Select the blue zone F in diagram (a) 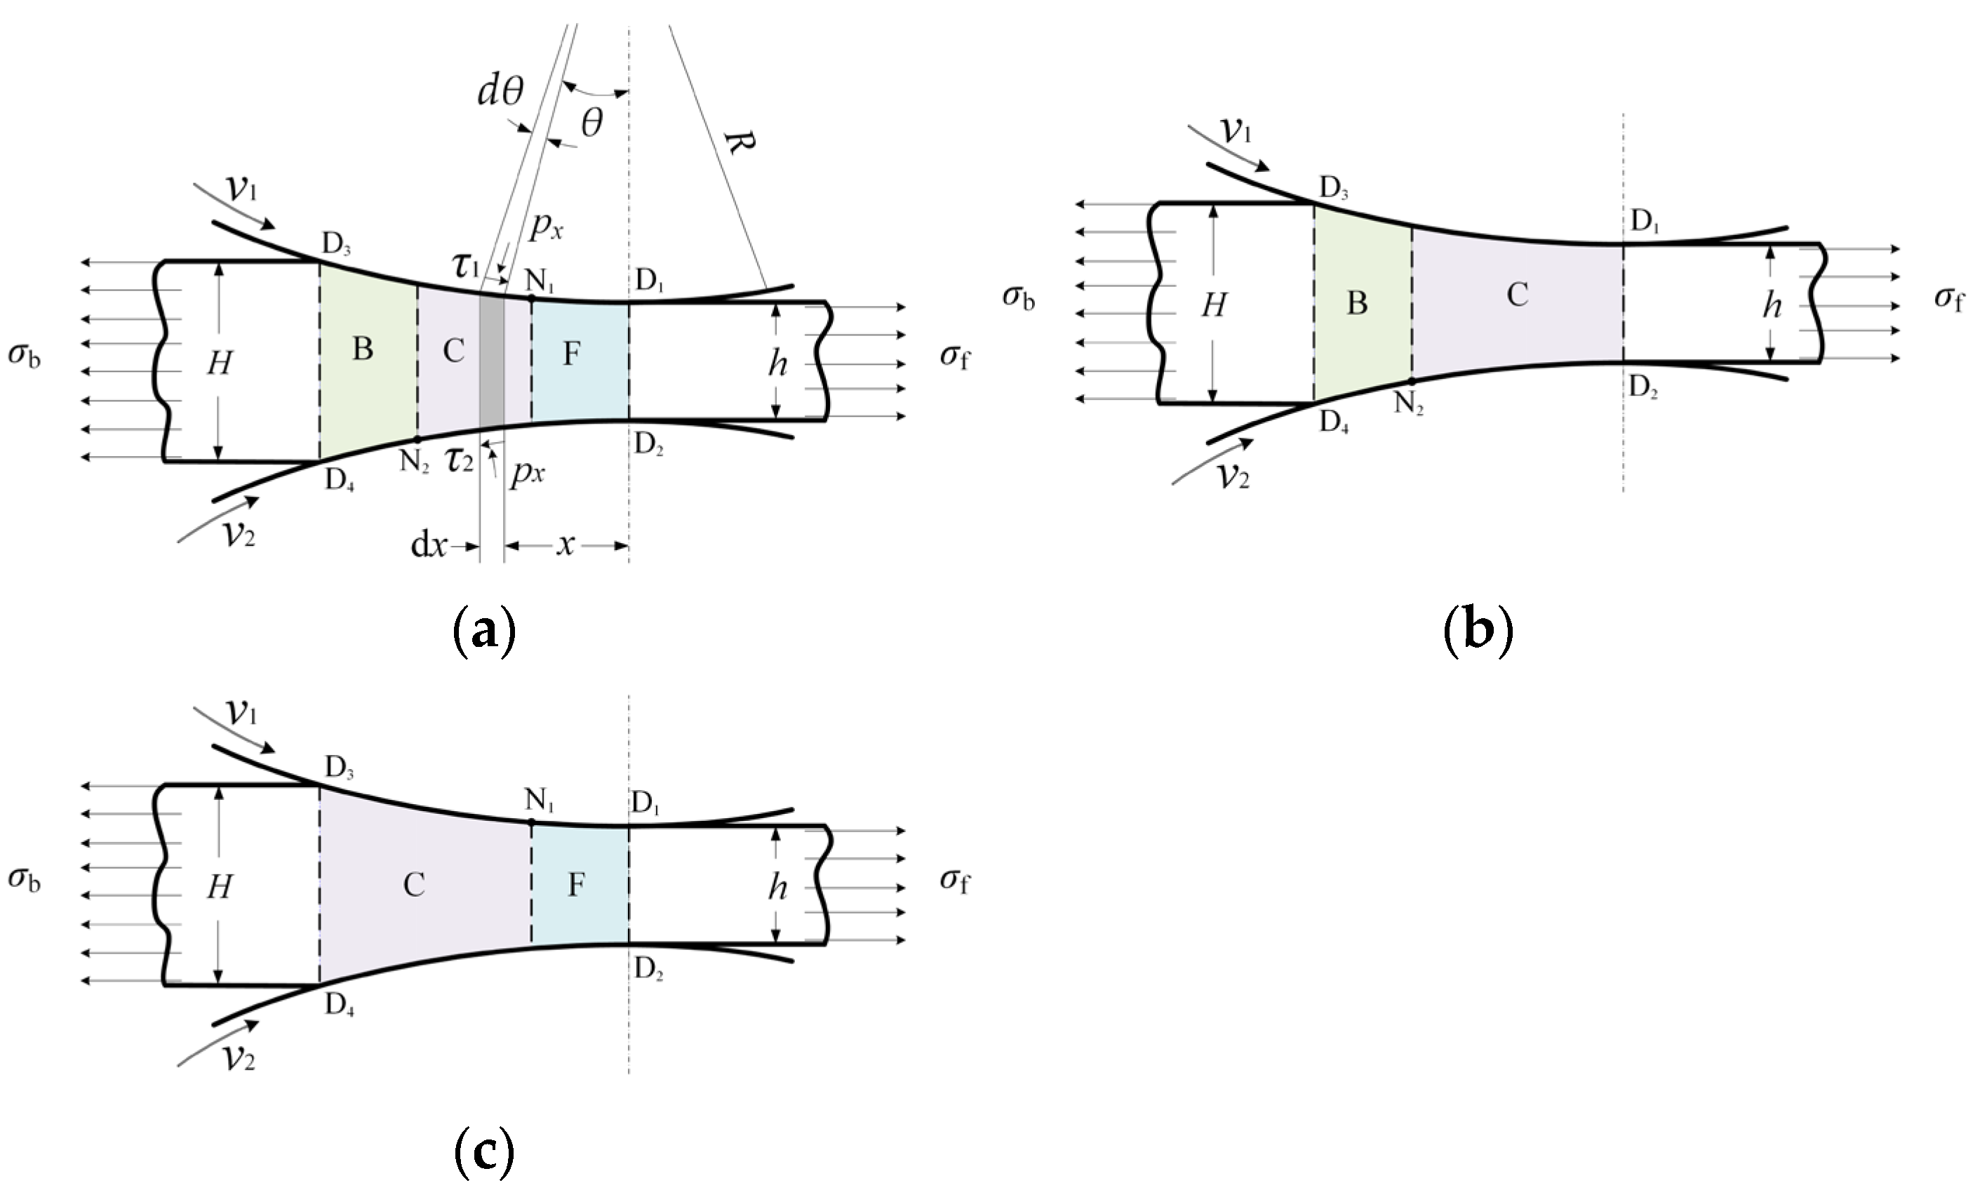click(x=579, y=357)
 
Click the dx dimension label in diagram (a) click(x=429, y=545)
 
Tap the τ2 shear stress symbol click(x=460, y=460)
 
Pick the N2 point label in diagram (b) click(x=1408, y=403)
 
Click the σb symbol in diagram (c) click(x=24, y=880)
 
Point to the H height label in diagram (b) click(x=1214, y=305)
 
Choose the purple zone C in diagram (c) click(x=415, y=885)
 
